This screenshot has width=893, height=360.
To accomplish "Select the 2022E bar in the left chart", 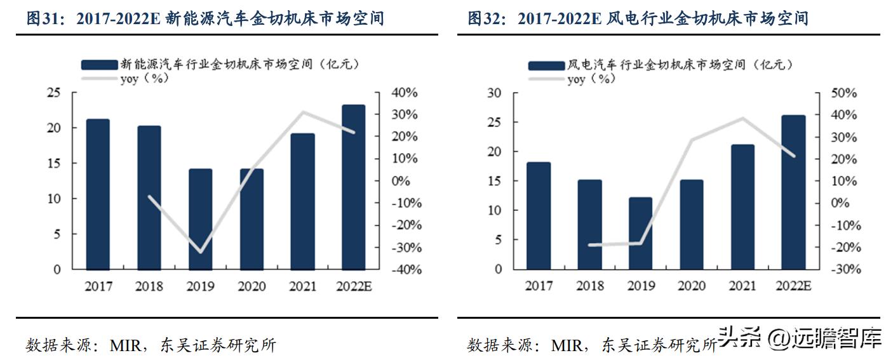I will click(x=354, y=187).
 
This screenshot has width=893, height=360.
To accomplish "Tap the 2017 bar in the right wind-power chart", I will click(x=539, y=216).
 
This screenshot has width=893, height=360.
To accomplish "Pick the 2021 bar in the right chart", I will click(x=743, y=207).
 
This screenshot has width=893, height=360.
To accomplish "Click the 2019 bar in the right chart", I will click(x=640, y=233).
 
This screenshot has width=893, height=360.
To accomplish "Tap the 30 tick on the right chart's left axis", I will click(x=494, y=93).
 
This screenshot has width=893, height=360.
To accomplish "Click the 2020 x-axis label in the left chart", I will click(x=252, y=286).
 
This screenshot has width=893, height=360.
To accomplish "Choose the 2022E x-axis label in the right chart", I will click(x=794, y=286).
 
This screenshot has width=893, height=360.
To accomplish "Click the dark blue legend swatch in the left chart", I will click(x=100, y=64).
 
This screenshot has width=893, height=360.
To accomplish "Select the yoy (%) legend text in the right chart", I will click(x=591, y=79).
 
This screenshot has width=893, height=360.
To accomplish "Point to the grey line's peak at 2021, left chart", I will click(x=303, y=113).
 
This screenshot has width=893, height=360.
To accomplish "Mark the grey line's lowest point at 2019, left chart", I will click(x=201, y=252).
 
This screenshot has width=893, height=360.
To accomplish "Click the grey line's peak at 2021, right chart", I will click(x=742, y=119).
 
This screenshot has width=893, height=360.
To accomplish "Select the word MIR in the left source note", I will click(x=124, y=346).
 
